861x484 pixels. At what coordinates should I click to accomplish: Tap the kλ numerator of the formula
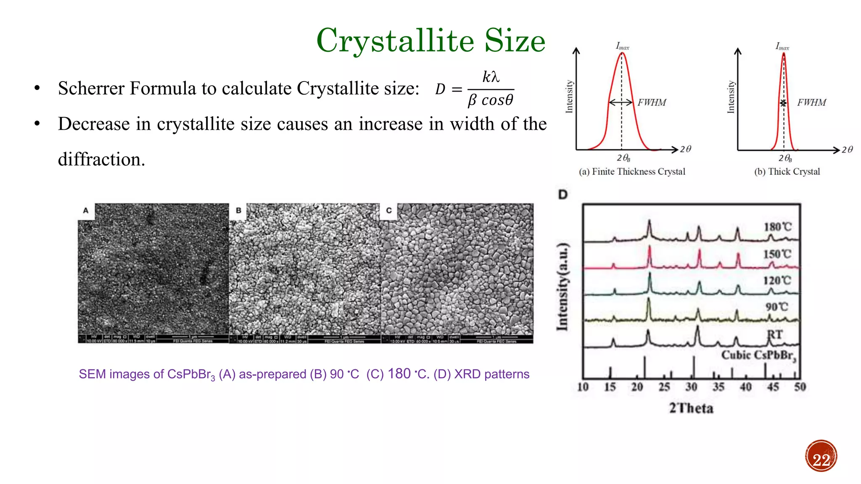(x=490, y=77)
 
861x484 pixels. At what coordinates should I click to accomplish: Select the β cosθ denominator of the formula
(x=490, y=100)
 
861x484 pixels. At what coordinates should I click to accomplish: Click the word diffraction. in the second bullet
(x=101, y=160)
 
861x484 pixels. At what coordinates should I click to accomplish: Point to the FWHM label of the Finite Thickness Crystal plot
(x=652, y=103)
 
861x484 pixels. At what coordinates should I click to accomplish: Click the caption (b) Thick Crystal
(x=787, y=171)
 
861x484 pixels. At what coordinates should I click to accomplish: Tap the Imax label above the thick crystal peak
(x=782, y=46)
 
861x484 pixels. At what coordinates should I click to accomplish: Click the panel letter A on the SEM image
(x=86, y=210)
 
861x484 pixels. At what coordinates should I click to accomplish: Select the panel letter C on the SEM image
(x=388, y=210)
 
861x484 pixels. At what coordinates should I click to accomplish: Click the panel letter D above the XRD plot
(x=563, y=195)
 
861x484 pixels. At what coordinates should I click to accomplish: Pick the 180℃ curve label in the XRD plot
(x=777, y=227)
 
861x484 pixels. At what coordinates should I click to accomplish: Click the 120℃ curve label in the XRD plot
(x=777, y=281)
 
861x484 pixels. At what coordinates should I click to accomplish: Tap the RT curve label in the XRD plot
(x=775, y=335)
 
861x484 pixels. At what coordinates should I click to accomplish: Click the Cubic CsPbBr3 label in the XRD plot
(x=758, y=355)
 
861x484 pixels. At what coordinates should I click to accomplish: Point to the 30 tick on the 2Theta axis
(x=691, y=387)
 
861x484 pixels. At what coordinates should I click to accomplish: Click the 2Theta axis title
(x=691, y=408)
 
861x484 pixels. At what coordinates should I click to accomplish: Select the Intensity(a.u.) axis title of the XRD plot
(x=563, y=287)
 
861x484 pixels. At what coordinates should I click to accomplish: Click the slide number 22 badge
(x=821, y=456)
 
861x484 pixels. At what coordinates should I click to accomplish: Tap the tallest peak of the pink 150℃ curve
(x=650, y=249)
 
